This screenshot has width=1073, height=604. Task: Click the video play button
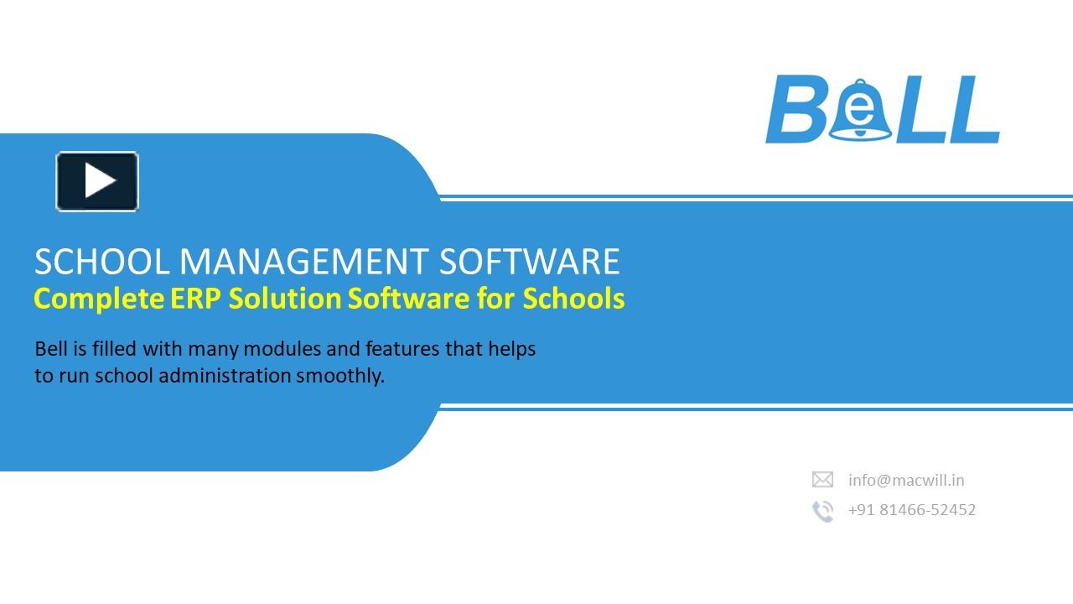click(97, 181)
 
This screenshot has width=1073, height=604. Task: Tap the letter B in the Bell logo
click(793, 110)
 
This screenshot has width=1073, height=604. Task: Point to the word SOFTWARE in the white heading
click(530, 262)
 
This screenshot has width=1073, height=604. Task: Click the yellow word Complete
click(98, 299)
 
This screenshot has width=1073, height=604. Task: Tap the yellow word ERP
click(198, 299)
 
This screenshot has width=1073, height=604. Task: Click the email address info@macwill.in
click(906, 481)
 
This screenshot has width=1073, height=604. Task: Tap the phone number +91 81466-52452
click(912, 510)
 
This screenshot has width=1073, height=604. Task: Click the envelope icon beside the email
click(822, 480)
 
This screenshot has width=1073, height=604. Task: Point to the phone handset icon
click(822, 511)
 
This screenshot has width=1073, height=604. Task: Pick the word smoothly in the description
click(340, 377)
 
